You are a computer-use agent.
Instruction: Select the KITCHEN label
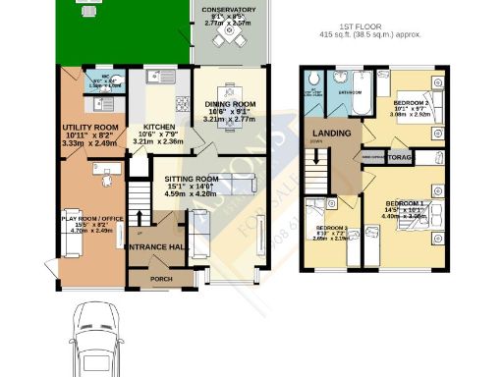click(159, 127)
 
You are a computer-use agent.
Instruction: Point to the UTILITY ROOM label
click(89, 128)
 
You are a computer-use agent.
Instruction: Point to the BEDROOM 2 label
click(414, 102)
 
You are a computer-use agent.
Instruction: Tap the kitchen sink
click(153, 77)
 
